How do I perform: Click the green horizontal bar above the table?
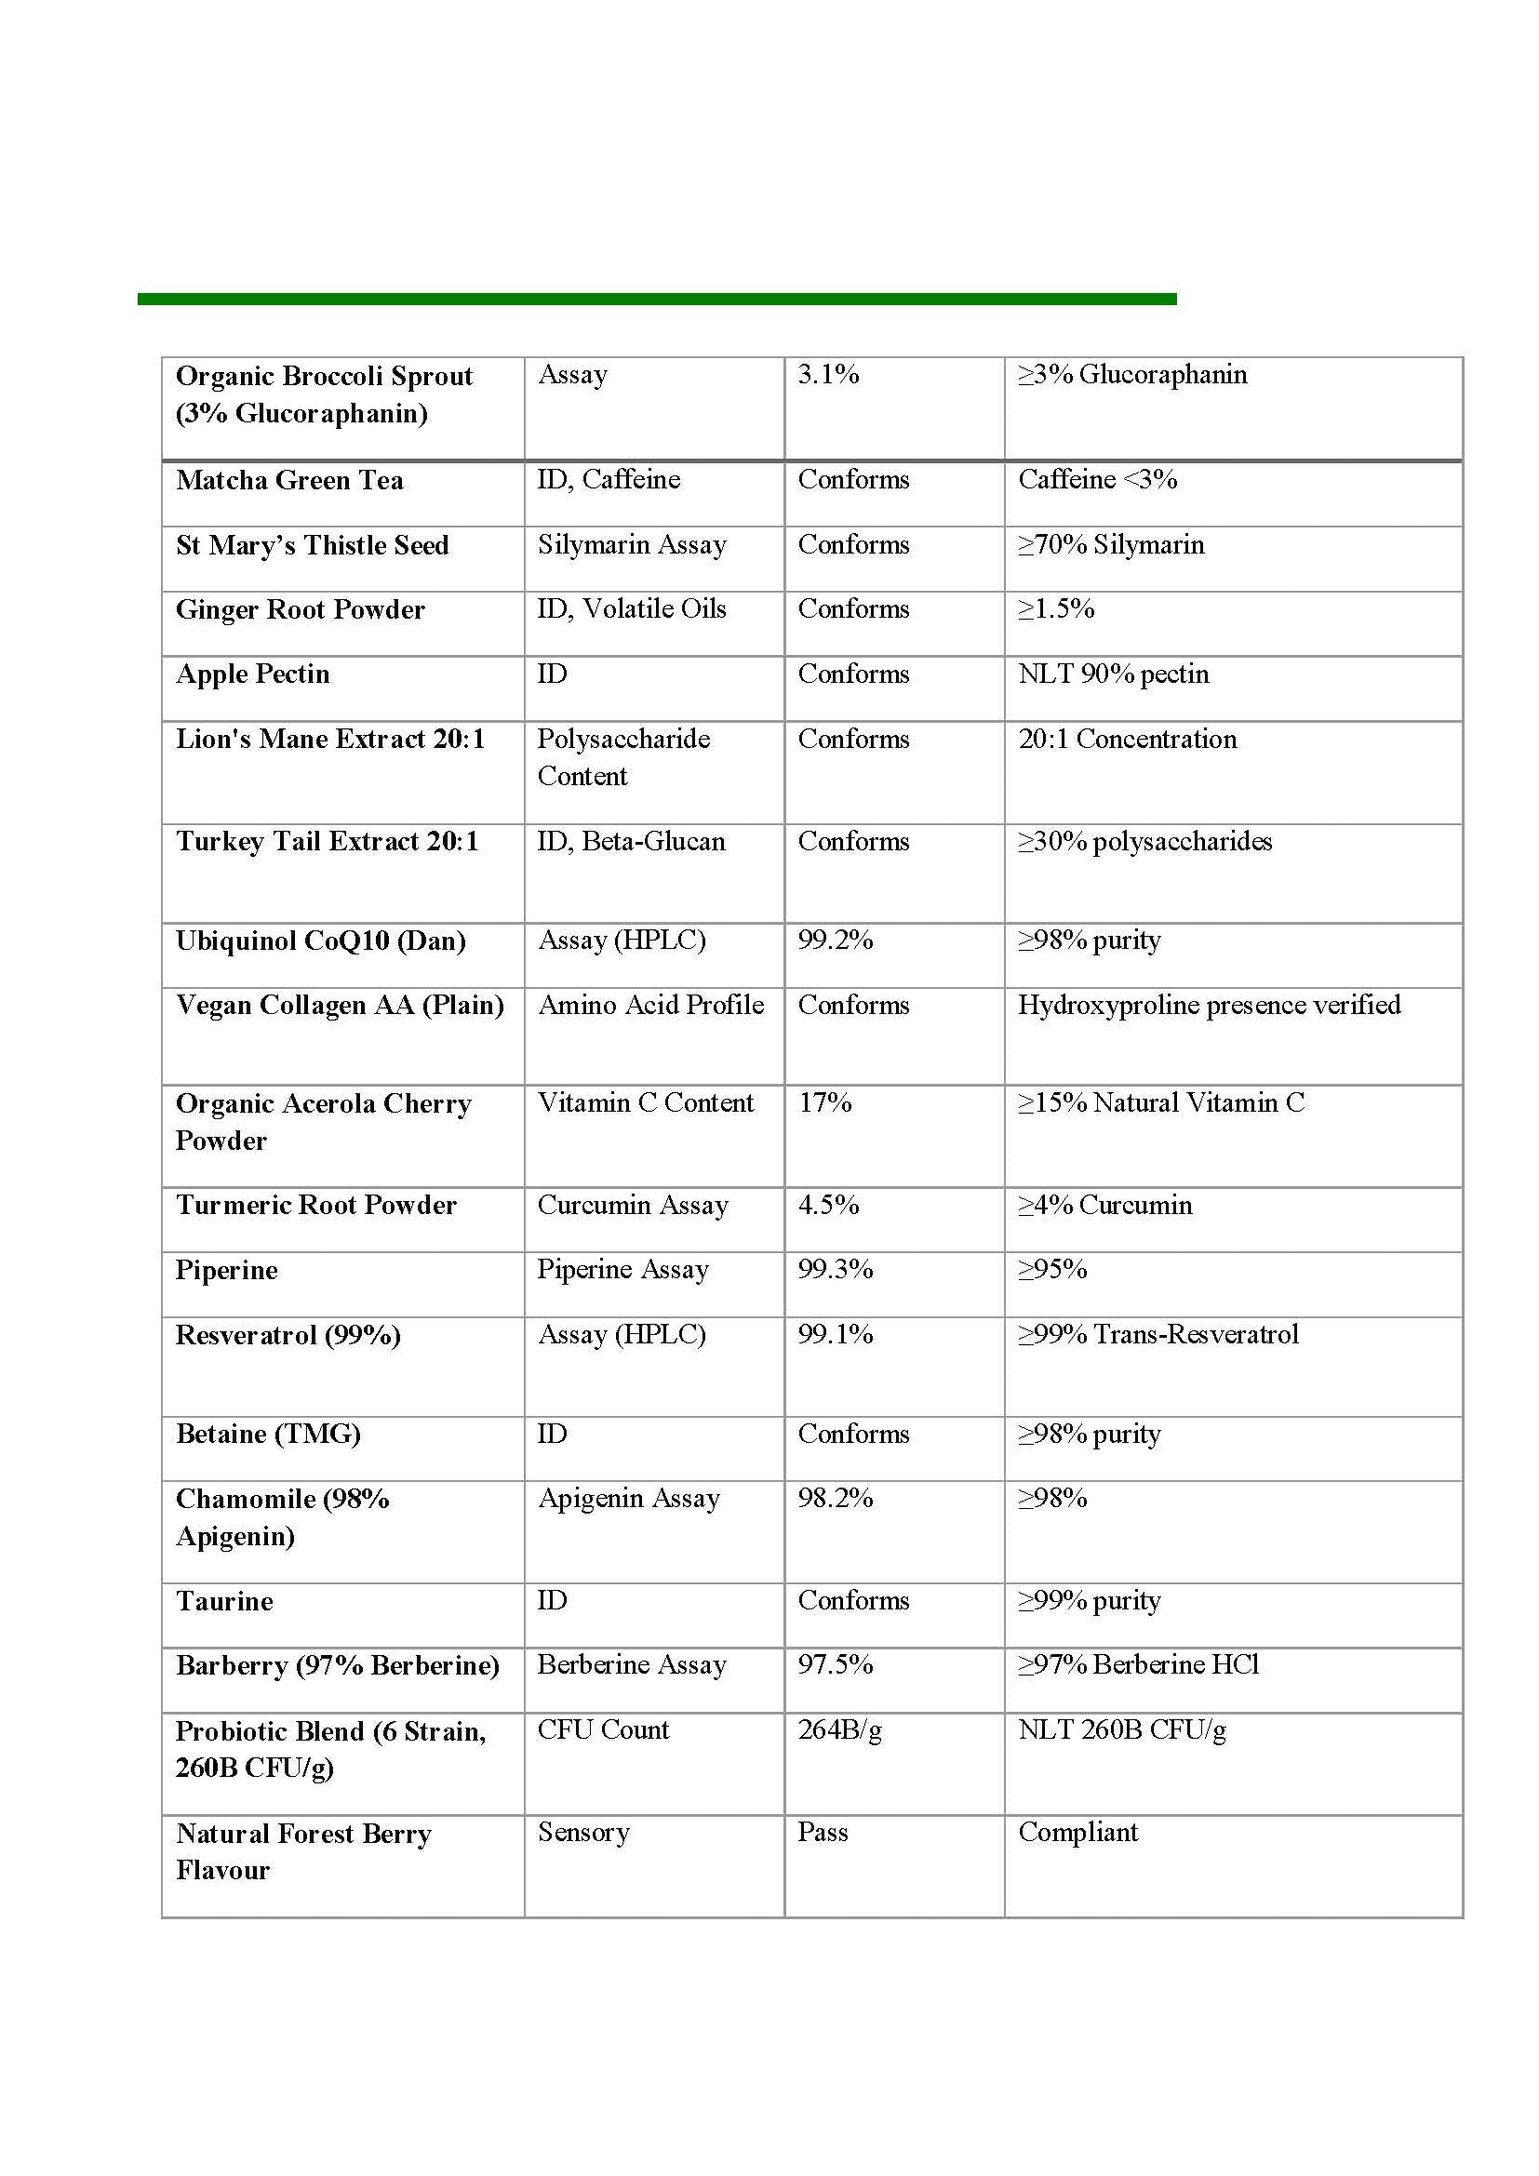[x=656, y=300]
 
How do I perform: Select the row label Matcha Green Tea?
[x=289, y=480]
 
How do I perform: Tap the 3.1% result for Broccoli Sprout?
[x=827, y=374]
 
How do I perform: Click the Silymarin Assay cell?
[x=631, y=545]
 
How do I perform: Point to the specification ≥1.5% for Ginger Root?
[x=1056, y=609]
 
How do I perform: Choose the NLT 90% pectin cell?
[x=1113, y=674]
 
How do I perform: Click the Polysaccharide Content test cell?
[x=622, y=757]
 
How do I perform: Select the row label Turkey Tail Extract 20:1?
[x=327, y=842]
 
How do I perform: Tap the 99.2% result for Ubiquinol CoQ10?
[x=834, y=941]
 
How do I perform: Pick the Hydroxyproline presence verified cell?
[x=1209, y=1005]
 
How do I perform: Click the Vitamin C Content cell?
[x=646, y=1102]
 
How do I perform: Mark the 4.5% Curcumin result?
[x=827, y=1205]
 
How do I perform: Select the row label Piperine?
[x=226, y=1270]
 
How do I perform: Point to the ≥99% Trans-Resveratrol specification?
[x=1158, y=1334]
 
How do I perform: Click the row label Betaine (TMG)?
[x=268, y=1433]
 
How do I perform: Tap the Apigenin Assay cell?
[x=628, y=1499]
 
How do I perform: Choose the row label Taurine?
[x=224, y=1601]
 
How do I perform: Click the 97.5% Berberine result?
[x=834, y=1664]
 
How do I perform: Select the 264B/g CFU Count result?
[x=838, y=1729]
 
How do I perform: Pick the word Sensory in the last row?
[x=582, y=1832]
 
